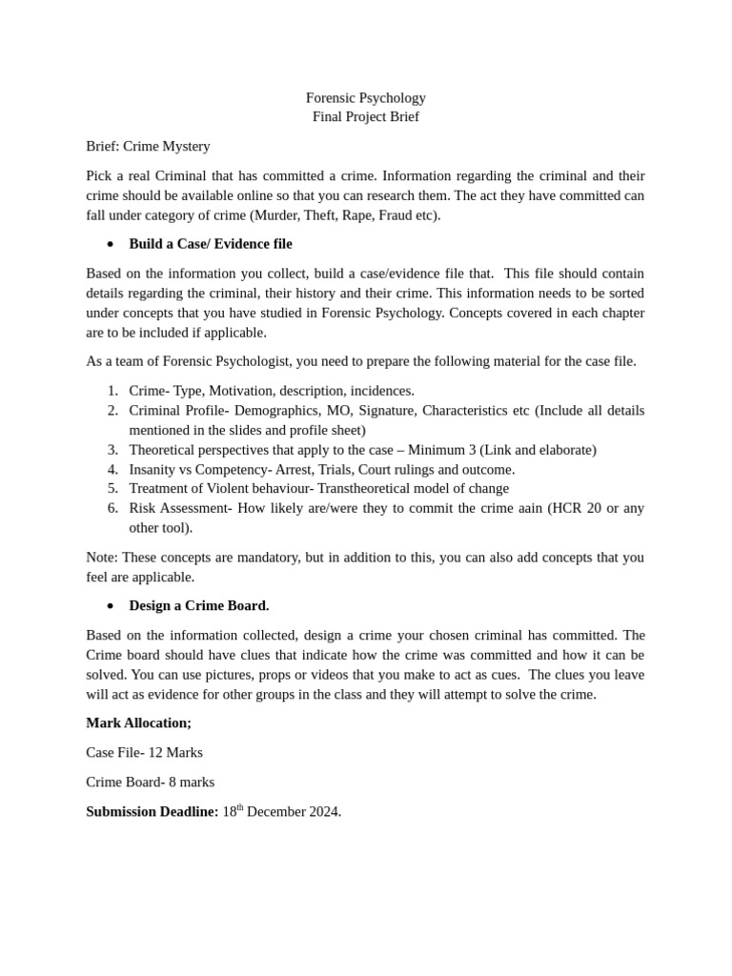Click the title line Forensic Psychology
coord(365,97)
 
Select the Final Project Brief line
coord(365,116)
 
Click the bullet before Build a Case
coord(111,244)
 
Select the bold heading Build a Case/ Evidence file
coord(211,244)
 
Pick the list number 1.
coord(112,391)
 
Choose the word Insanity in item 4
coord(152,469)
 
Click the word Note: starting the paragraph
coord(102,557)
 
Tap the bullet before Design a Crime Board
coord(111,606)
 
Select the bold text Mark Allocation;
coord(138,722)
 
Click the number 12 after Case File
coord(156,752)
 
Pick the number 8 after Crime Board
coord(173,782)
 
